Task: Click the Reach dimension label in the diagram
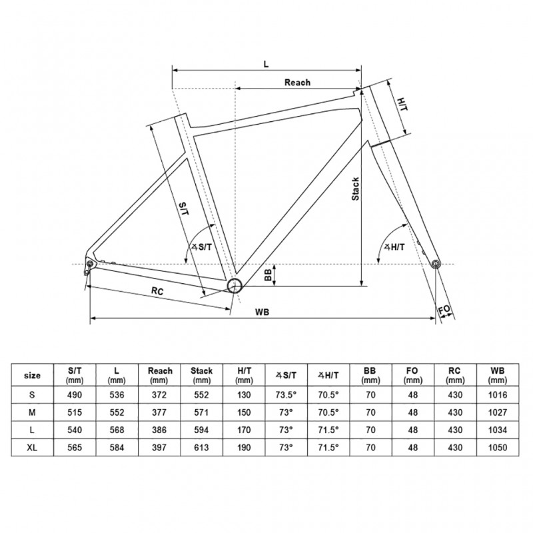pyautogui.click(x=297, y=83)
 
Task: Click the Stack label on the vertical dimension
pyautogui.click(x=356, y=189)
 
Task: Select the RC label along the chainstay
pyautogui.click(x=157, y=291)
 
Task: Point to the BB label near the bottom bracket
pyautogui.click(x=268, y=276)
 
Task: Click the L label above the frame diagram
pyautogui.click(x=265, y=64)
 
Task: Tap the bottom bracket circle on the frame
pyautogui.click(x=234, y=286)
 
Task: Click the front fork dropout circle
pyautogui.click(x=436, y=265)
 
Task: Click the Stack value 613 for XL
pyautogui.click(x=202, y=448)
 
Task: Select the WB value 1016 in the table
pyautogui.click(x=497, y=394)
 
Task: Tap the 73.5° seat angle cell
pyautogui.click(x=286, y=394)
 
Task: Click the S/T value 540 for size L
pyautogui.click(x=75, y=430)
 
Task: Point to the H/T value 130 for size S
pyautogui.click(x=244, y=394)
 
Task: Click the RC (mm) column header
pyautogui.click(x=454, y=375)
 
